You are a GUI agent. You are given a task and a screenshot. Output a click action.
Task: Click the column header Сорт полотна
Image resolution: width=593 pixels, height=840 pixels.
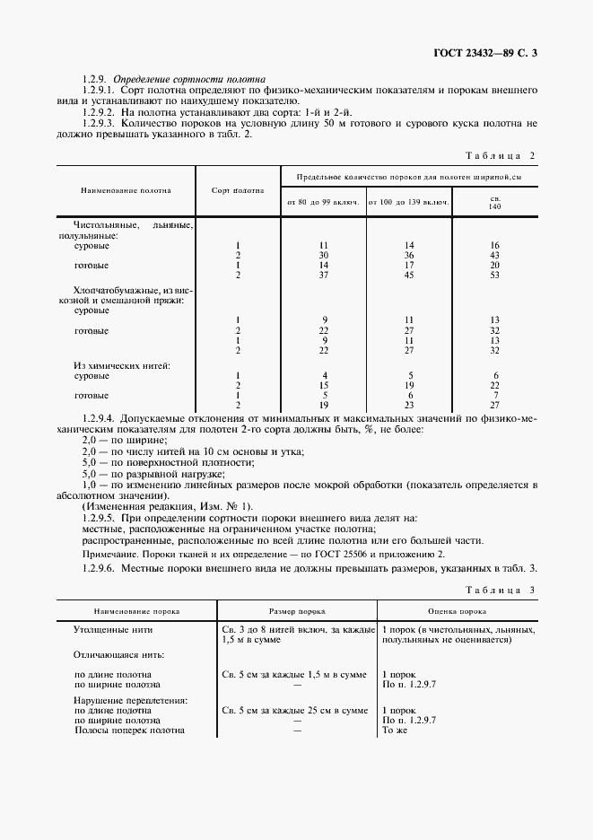point(238,190)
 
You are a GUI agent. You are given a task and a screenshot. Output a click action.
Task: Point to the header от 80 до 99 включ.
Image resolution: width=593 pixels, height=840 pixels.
point(323,203)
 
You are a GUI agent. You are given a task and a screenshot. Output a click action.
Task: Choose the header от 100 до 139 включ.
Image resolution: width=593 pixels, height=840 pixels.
point(408,203)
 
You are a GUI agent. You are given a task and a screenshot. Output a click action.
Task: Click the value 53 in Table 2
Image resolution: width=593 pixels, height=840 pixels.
point(494,276)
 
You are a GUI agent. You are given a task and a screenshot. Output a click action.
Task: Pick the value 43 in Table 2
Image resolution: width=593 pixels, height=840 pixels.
point(494,255)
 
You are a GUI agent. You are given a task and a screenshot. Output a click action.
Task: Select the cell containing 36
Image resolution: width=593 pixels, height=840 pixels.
point(408,255)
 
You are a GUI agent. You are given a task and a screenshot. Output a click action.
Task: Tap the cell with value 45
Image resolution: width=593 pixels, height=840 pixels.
point(408,276)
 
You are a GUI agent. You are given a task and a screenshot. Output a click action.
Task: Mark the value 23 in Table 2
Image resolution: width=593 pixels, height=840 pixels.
point(408,405)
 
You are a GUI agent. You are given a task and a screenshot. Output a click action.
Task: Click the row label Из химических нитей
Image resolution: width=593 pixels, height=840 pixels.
point(120,365)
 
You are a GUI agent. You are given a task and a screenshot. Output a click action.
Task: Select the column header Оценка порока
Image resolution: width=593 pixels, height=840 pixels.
point(458,611)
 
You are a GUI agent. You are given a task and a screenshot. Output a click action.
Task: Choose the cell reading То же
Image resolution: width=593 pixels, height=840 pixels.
point(396,730)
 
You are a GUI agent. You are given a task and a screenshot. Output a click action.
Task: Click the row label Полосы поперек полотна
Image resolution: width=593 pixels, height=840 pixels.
point(129,730)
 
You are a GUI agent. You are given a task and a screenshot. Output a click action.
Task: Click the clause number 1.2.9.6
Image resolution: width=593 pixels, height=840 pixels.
point(99,571)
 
